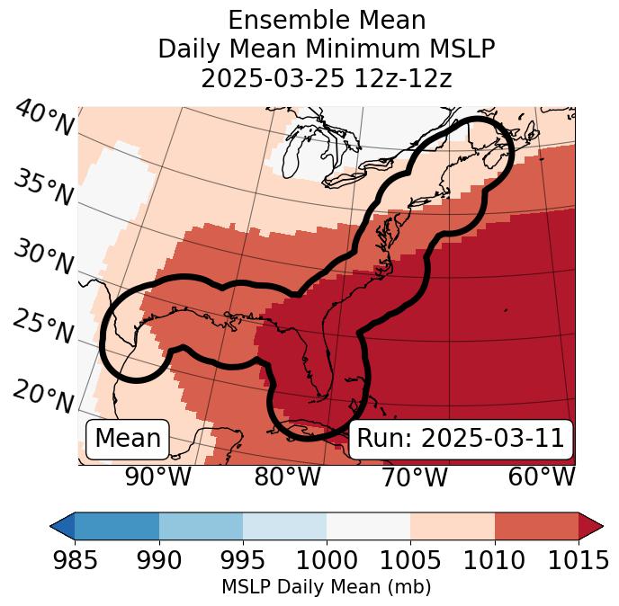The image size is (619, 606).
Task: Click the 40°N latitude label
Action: click(x=43, y=119)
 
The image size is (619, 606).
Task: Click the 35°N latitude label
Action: click(x=43, y=187)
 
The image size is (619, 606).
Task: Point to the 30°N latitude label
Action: click(x=43, y=258)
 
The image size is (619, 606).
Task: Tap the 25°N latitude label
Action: click(x=43, y=327)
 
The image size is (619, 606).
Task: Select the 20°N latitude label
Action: click(x=43, y=396)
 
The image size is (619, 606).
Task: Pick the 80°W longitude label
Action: click(x=287, y=477)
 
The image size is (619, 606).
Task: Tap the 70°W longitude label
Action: click(x=414, y=477)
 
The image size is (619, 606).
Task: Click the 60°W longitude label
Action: click(x=541, y=477)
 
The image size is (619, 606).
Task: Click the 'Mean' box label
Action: click(x=128, y=439)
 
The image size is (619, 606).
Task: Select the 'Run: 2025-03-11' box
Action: click(x=461, y=439)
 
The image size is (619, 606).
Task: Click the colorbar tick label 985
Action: click(x=75, y=561)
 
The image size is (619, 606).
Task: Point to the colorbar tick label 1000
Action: click(x=327, y=561)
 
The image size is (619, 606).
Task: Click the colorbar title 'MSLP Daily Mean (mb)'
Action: click(x=326, y=587)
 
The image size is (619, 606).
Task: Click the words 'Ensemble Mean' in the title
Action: click(x=326, y=20)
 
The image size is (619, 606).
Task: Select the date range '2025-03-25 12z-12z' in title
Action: click(x=326, y=78)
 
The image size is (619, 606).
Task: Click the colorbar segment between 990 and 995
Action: click(x=201, y=526)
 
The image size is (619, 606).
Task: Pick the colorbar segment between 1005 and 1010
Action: click(x=453, y=526)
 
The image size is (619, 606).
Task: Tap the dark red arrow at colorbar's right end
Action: click(x=590, y=526)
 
